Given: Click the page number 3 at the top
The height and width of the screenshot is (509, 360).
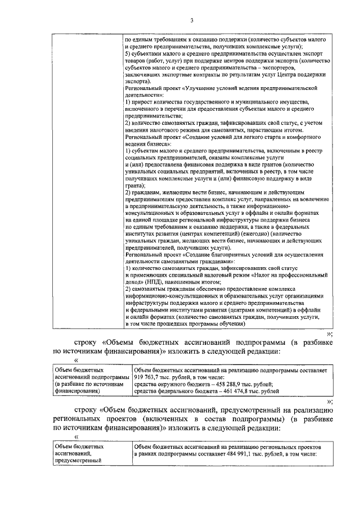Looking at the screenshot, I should point(191,21).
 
